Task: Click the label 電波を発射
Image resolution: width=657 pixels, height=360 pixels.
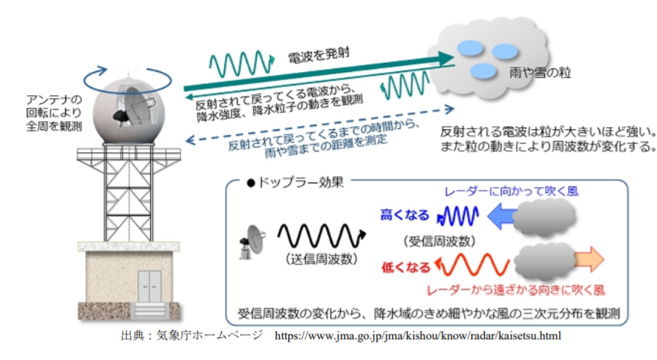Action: (x=318, y=55)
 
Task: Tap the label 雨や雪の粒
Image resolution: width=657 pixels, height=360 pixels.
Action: (x=540, y=73)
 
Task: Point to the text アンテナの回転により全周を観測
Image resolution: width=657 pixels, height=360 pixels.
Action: (x=54, y=113)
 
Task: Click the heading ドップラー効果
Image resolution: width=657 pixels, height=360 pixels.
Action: (x=295, y=183)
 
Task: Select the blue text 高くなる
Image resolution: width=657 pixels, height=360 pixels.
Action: (x=405, y=215)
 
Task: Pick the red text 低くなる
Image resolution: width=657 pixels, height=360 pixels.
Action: (x=406, y=267)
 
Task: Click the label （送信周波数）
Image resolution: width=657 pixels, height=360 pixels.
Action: (x=321, y=259)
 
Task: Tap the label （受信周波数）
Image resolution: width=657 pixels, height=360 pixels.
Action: (x=439, y=241)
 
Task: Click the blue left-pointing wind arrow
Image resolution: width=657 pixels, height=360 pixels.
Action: (x=502, y=216)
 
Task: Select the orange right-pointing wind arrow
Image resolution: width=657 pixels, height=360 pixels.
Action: (x=589, y=260)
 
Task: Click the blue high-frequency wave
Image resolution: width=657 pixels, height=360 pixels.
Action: (x=457, y=216)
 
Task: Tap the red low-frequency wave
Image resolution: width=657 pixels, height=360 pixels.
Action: (x=472, y=265)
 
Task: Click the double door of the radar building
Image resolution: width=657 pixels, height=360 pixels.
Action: (x=149, y=287)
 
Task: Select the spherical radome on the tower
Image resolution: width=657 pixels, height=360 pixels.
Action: (x=128, y=111)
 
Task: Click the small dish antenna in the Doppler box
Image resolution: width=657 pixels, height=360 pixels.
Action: (x=252, y=242)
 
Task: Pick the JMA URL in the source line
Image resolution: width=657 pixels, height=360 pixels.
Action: (x=418, y=336)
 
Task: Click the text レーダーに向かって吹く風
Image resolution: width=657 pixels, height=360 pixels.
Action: (x=511, y=192)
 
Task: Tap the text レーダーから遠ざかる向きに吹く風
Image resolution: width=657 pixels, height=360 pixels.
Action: (x=516, y=290)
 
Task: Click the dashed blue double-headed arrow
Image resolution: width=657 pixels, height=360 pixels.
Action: (x=320, y=125)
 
